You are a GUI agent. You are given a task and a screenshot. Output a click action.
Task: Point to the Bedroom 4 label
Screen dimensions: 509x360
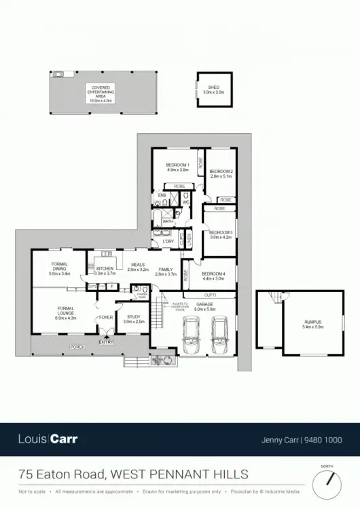tap(213, 276)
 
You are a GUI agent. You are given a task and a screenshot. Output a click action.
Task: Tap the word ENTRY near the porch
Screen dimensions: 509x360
tap(106, 342)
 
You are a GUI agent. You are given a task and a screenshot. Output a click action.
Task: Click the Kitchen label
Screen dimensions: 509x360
tap(105, 271)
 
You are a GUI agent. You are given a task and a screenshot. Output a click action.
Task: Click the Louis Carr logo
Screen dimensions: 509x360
tap(48, 439)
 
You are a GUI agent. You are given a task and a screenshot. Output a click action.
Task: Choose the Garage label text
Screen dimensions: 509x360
tap(204, 305)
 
